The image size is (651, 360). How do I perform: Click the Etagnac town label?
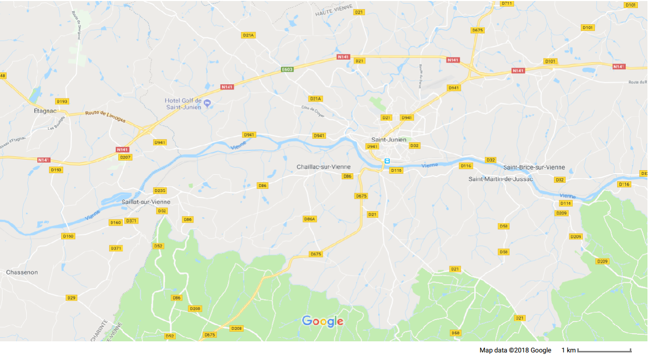click(43, 110)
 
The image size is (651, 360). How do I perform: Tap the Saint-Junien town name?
click(388, 139)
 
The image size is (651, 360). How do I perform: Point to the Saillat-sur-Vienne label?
click(146, 201)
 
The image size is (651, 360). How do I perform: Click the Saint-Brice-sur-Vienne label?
click(534, 167)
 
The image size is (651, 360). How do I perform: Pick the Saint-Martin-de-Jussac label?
click(500, 179)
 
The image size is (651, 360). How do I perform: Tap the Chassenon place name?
click(22, 272)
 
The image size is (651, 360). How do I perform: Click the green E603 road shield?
click(287, 69)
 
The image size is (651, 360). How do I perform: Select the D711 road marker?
click(507, 4)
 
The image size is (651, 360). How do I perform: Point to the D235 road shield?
click(160, 190)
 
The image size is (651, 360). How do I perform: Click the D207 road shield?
click(125, 157)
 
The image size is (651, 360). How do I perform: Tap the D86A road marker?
click(310, 219)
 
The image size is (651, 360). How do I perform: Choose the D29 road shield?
click(71, 298)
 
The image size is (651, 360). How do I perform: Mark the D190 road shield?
click(68, 236)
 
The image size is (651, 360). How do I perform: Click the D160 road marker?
click(116, 222)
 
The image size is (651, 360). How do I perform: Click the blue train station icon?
click(387, 161)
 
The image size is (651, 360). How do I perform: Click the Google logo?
click(322, 321)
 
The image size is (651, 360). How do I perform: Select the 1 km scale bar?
click(604, 350)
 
